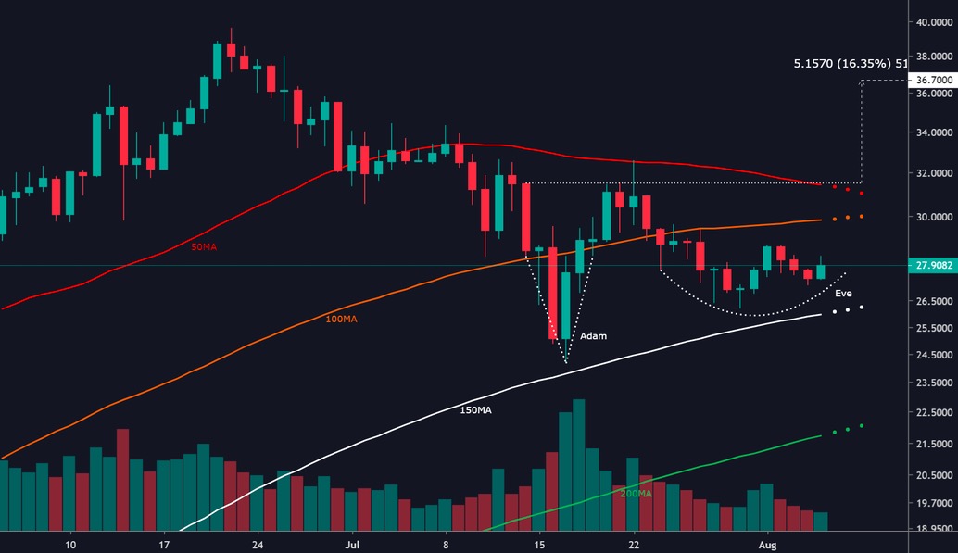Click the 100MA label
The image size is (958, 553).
pos(342,319)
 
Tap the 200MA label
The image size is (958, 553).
pos(636,494)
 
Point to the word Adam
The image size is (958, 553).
pos(593,336)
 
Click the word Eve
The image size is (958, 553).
pos(843,294)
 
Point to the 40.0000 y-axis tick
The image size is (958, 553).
pos(933,23)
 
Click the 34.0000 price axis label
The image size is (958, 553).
pos(933,132)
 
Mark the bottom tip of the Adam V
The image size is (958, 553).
pos(565,362)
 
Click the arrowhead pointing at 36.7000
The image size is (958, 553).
pos(863,82)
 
